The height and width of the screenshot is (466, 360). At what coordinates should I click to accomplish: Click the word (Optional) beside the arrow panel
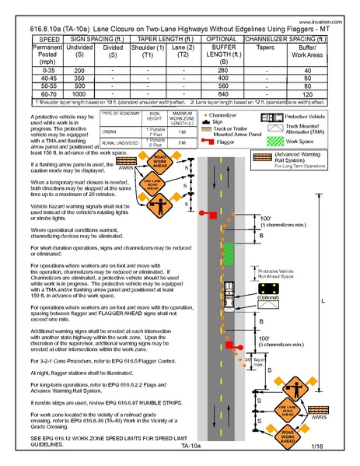tap(267, 298)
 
